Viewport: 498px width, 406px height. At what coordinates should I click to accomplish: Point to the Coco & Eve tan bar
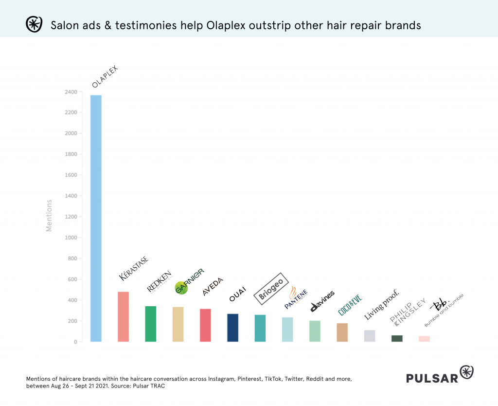[x=342, y=332]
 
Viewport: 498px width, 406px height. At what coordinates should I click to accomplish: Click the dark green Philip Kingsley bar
[x=397, y=338]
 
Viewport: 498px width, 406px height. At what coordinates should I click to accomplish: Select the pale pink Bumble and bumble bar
[x=424, y=339]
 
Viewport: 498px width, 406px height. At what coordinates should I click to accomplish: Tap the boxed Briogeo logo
[x=272, y=289]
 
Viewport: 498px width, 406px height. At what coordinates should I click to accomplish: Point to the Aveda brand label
[x=213, y=287]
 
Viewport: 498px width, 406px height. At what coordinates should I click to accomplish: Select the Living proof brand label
[x=382, y=305]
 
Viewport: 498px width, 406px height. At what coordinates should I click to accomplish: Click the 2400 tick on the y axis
[x=71, y=92]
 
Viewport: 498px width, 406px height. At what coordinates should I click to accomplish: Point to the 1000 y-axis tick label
[x=71, y=238]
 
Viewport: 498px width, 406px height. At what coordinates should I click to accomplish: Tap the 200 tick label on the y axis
[x=72, y=321]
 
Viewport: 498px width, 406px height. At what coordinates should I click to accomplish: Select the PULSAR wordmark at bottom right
[x=432, y=377]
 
